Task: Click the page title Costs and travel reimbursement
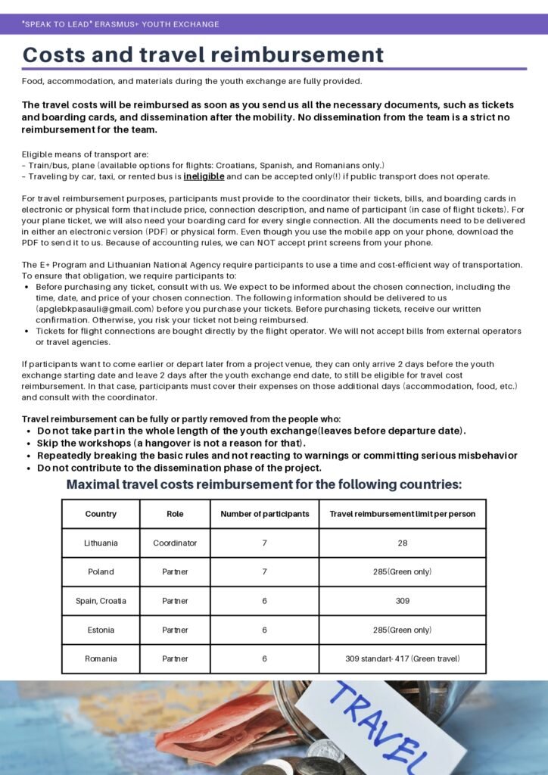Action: pos(203,54)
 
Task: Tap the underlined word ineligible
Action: pos(204,176)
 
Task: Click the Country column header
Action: pos(101,514)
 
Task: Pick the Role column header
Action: pos(175,514)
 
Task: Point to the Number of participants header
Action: pos(265,514)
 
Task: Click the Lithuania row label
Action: pos(101,543)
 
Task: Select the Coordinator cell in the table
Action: pos(175,543)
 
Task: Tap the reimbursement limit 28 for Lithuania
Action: pos(402,543)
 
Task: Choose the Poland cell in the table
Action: pos(101,571)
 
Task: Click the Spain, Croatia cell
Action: pos(101,601)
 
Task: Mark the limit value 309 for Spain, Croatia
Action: pos(402,601)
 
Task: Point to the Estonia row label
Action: pos(101,630)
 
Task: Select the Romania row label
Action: pos(101,658)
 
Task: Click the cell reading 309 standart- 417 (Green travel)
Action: pos(402,658)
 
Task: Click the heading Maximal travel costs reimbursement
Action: pos(263,484)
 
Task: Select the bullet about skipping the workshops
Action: pos(171,443)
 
